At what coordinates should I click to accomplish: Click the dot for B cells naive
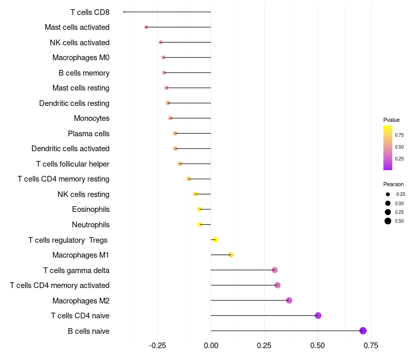click(363, 331)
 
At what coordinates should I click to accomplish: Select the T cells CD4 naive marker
click(318, 316)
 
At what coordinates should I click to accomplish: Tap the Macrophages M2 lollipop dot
click(289, 300)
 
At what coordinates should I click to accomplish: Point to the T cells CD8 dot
click(124, 12)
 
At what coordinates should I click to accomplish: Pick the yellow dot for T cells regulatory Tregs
click(216, 240)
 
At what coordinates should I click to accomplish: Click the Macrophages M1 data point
click(231, 255)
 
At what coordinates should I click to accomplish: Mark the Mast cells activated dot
click(146, 27)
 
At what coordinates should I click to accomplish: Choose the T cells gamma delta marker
click(275, 270)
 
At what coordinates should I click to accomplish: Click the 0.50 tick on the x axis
click(318, 345)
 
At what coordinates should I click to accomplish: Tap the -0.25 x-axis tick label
click(157, 345)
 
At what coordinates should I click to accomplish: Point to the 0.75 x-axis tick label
click(371, 345)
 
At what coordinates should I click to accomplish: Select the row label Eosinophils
click(91, 209)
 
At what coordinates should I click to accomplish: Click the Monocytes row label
click(92, 118)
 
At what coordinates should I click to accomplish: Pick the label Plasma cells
click(89, 134)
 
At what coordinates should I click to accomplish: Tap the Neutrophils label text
click(91, 225)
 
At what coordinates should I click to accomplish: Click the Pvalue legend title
click(391, 120)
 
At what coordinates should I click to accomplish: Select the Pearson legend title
click(394, 184)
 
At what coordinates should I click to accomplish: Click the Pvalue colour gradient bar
click(388, 148)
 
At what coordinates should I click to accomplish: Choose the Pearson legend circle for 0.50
click(388, 221)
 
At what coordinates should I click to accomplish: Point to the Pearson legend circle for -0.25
click(388, 194)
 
